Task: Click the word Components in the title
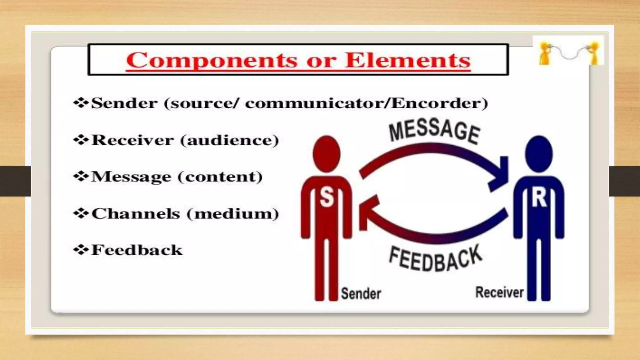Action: [212, 60]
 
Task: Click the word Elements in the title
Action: [407, 60]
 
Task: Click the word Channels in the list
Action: [136, 214]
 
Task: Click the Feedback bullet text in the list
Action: [137, 250]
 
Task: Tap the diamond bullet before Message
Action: [81, 177]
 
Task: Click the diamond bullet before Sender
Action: [81, 103]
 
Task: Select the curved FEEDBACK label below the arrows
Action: [436, 259]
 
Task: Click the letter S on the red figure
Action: [327, 198]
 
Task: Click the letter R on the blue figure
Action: [539, 198]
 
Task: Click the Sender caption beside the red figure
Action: [361, 293]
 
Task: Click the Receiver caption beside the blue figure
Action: [499, 292]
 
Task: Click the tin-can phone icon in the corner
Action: [568, 51]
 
